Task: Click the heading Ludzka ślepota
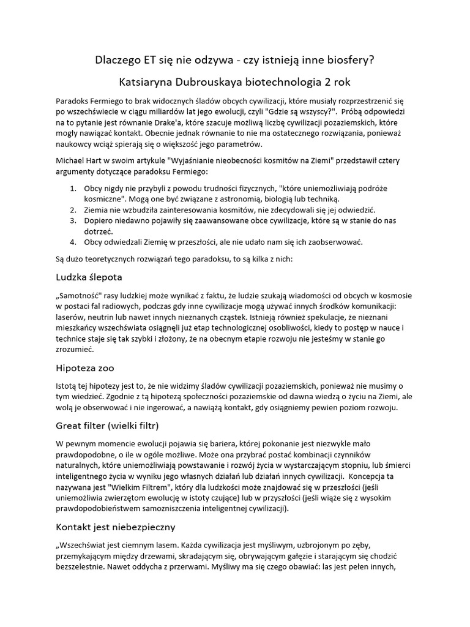click(89, 277)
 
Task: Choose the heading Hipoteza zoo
click(84, 368)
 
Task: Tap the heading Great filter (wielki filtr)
click(107, 425)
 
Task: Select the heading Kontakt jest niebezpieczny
click(115, 526)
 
